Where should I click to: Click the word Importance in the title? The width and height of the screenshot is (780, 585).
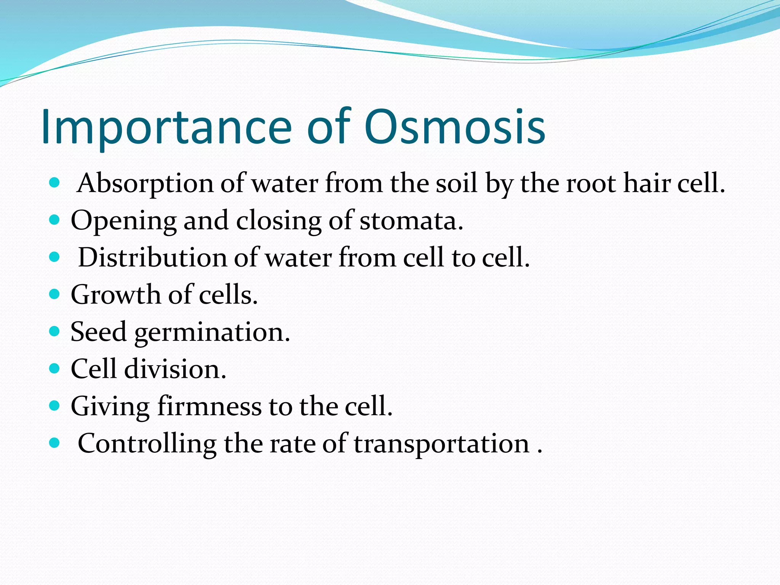[166, 128]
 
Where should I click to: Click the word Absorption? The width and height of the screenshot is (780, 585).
[145, 184]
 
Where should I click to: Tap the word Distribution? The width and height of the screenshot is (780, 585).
[152, 257]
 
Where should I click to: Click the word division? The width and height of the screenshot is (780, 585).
[175, 369]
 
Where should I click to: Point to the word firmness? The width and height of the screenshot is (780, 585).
[209, 406]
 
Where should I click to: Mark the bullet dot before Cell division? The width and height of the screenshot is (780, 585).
[55, 368]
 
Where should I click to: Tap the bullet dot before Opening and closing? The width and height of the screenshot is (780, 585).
[55, 220]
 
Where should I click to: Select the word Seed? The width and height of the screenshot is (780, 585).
[98, 332]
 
